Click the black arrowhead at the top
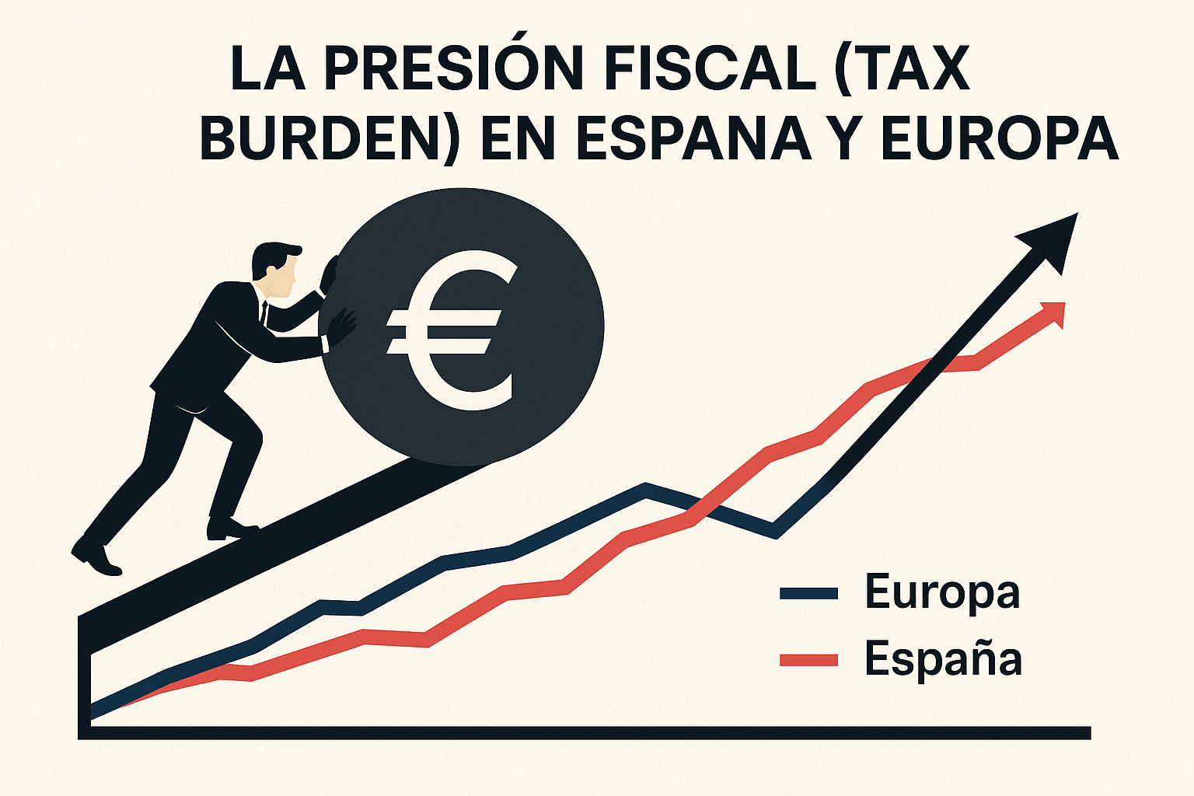tap(1053, 236)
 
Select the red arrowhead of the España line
tap(1053, 312)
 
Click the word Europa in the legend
tap(941, 594)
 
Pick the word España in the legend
tap(943, 659)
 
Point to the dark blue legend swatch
tap(808, 594)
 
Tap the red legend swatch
tap(808, 660)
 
